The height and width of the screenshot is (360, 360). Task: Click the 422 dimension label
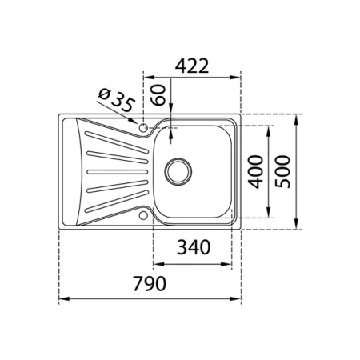(192, 66)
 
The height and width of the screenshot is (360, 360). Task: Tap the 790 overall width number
(150, 283)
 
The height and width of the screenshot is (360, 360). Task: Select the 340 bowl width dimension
(194, 247)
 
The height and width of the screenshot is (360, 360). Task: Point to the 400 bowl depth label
(255, 172)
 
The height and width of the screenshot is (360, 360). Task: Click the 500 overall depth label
(282, 172)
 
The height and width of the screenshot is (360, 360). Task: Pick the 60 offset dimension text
(158, 95)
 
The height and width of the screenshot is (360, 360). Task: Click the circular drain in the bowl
(178, 171)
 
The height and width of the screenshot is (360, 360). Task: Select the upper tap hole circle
(143, 128)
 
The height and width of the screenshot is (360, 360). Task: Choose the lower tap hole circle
(143, 215)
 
